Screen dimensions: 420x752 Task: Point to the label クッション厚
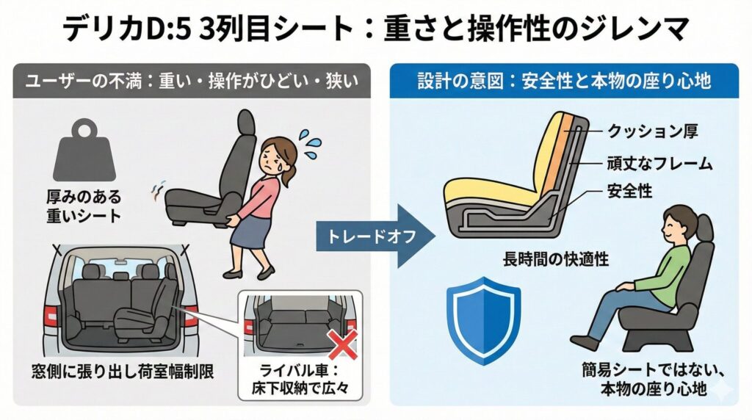pyautogui.click(x=657, y=132)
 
